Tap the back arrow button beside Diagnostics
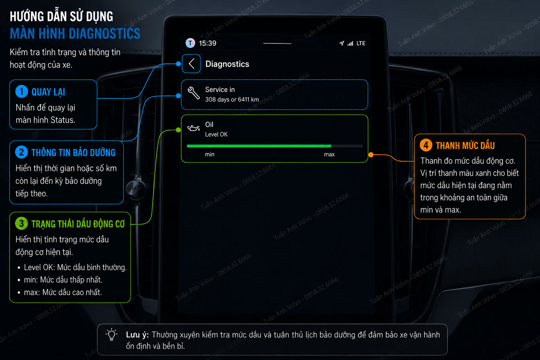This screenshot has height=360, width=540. [x=191, y=64]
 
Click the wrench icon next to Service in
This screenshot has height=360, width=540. [x=193, y=93]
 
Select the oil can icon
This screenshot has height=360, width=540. [x=193, y=128]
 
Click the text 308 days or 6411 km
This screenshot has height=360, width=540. [x=232, y=99]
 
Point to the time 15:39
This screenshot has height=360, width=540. [x=207, y=43]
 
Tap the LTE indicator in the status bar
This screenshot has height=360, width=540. [x=361, y=43]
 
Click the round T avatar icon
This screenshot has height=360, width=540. [x=190, y=43]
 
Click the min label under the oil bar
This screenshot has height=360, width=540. [x=210, y=154]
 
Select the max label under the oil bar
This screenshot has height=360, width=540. [x=329, y=154]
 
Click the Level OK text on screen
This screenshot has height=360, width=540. [x=216, y=134]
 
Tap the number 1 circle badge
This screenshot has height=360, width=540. [x=22, y=91]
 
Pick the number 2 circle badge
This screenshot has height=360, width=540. [x=22, y=152]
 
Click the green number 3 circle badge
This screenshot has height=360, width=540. [x=22, y=224]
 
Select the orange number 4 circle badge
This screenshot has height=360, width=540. [x=426, y=145]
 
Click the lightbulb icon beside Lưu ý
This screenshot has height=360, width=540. [x=112, y=335]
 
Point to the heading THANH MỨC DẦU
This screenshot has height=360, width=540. [x=465, y=146]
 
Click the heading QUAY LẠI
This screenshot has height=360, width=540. [x=48, y=92]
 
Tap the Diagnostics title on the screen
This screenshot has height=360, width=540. [x=227, y=64]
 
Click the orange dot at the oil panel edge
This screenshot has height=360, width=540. [x=371, y=155]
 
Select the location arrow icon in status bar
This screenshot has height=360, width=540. [x=342, y=43]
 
